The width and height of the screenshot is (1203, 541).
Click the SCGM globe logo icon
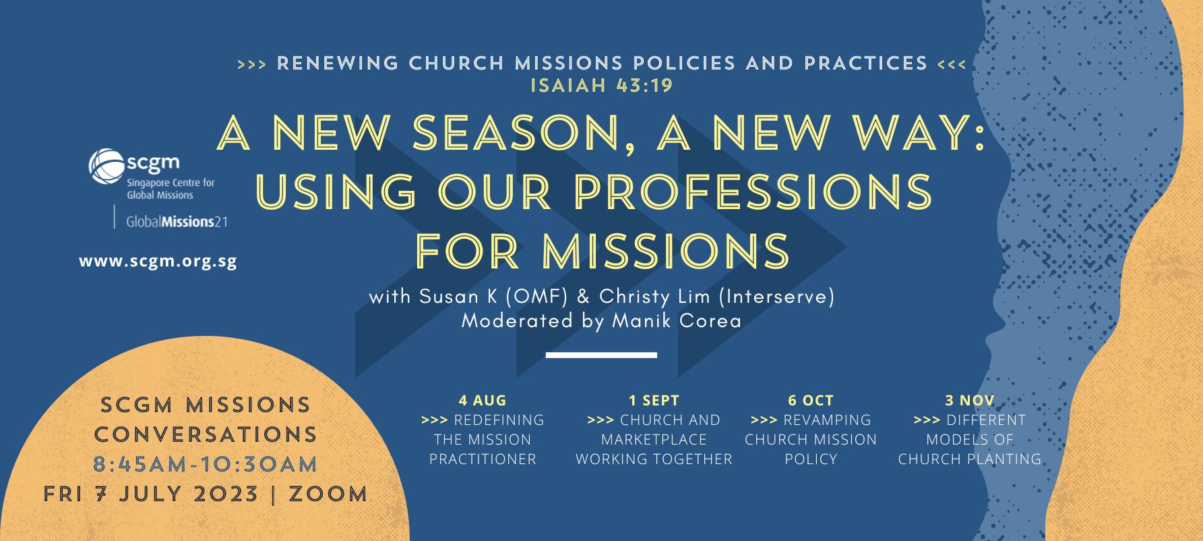coord(106,167)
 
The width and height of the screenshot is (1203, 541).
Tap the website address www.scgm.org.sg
coord(158,261)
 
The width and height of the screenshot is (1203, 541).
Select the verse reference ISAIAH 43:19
coord(602,86)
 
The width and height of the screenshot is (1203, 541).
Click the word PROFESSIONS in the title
coord(753,192)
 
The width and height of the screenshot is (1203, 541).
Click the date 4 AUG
coord(483,400)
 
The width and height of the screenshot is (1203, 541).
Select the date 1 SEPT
coord(654,400)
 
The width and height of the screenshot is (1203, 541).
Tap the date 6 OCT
coord(811,400)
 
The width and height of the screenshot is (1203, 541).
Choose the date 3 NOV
coord(970,400)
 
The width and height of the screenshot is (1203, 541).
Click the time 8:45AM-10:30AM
coord(206,464)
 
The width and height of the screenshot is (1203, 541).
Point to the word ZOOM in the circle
coord(328,494)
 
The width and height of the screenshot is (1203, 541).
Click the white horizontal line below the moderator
coord(601,355)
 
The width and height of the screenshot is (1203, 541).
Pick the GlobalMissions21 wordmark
coord(177,221)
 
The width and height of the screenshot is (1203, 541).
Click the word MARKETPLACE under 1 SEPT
coord(654,440)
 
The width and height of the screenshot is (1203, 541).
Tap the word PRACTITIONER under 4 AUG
coord(483,459)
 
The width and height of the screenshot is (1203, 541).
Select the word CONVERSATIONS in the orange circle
coord(206,434)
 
